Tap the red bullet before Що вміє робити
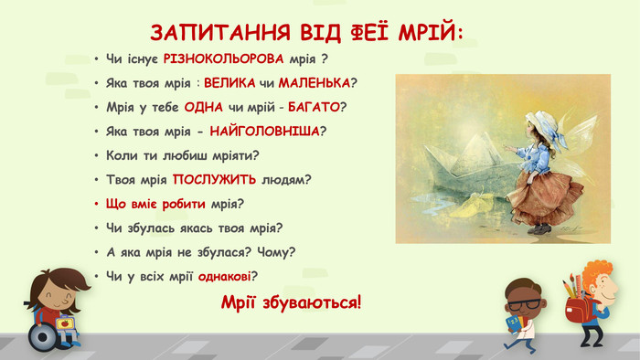click(x=96, y=204)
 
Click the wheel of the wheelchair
click(x=43, y=336)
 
